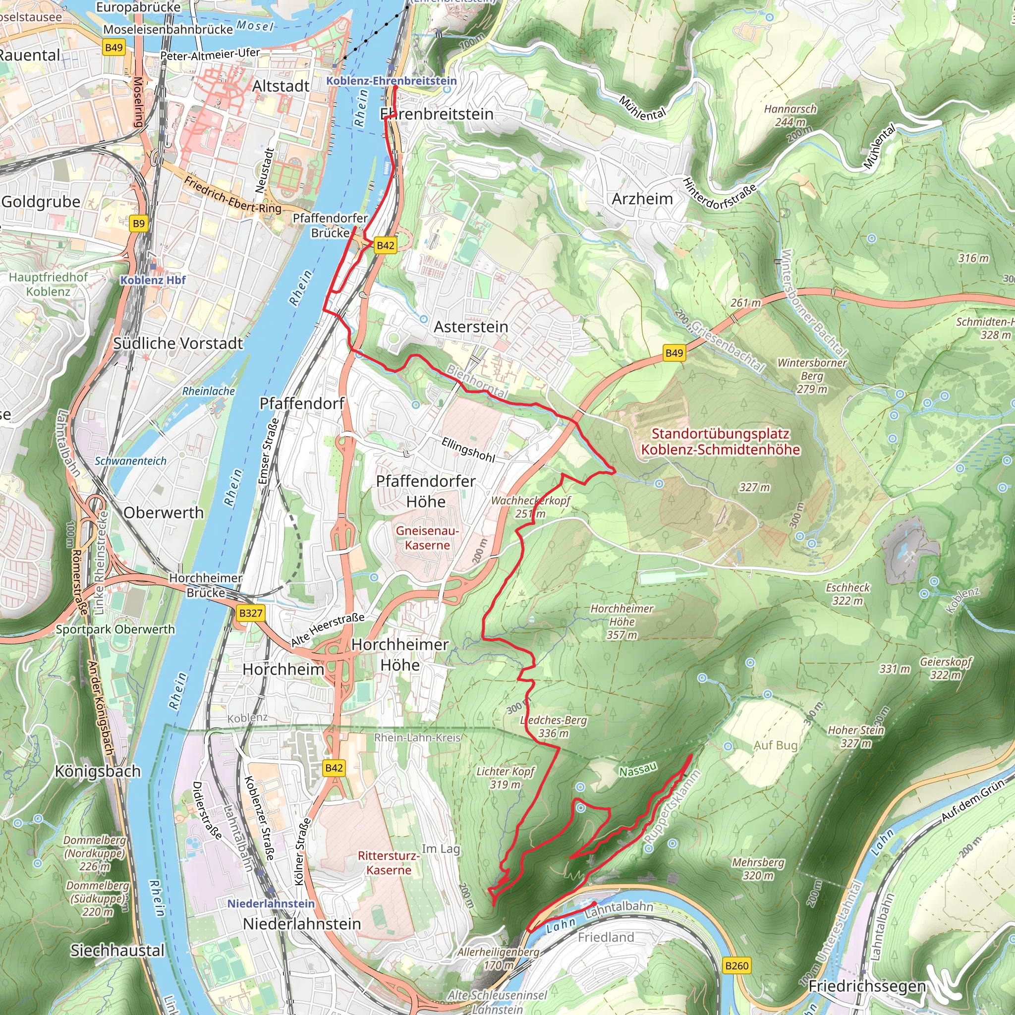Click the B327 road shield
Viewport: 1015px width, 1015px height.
point(251,613)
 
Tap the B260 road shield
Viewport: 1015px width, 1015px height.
point(736,965)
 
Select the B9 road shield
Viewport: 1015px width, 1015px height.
point(138,224)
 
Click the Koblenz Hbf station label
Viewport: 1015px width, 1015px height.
point(153,280)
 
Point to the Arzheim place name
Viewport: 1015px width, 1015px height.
point(642,199)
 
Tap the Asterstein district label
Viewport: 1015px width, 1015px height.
point(471,327)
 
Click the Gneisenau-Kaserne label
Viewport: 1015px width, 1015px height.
point(427,538)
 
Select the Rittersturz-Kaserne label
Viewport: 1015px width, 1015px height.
point(389,863)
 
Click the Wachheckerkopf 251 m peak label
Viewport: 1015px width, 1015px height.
point(531,507)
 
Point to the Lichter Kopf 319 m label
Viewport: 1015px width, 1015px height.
point(505,778)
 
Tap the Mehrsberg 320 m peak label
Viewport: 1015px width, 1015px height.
point(758,869)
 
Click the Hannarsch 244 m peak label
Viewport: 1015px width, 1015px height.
point(790,115)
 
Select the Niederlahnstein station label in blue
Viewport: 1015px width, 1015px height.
point(271,903)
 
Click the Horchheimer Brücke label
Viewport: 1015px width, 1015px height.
point(205,585)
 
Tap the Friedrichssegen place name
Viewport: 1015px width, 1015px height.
point(866,986)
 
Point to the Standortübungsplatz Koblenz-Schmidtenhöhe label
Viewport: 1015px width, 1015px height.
point(720,442)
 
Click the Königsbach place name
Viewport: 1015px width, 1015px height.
point(98,771)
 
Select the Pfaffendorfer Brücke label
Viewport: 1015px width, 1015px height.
point(330,226)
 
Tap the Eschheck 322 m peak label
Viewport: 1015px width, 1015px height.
point(847,594)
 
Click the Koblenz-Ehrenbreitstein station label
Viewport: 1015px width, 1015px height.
point(392,81)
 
